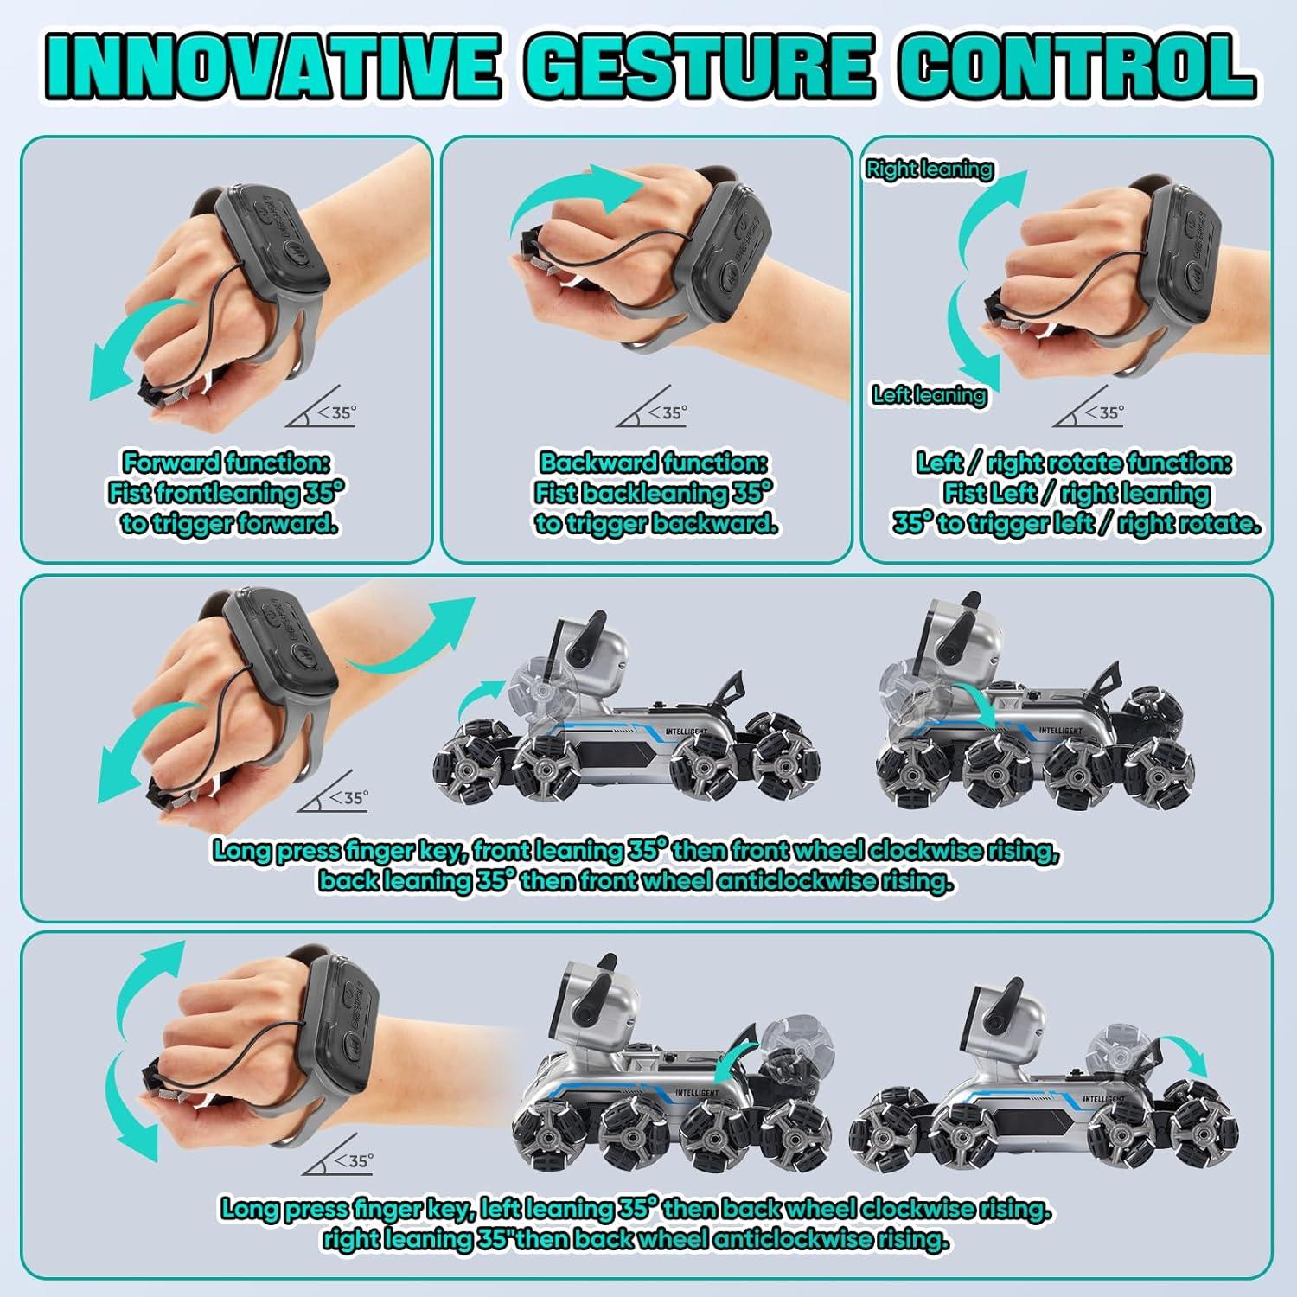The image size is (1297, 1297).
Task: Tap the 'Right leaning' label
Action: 929,169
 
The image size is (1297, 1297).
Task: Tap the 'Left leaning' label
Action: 929,395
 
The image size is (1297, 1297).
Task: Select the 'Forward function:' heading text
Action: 227,463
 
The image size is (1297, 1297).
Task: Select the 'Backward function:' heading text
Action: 654,463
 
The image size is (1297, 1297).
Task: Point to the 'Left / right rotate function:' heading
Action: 1073,463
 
